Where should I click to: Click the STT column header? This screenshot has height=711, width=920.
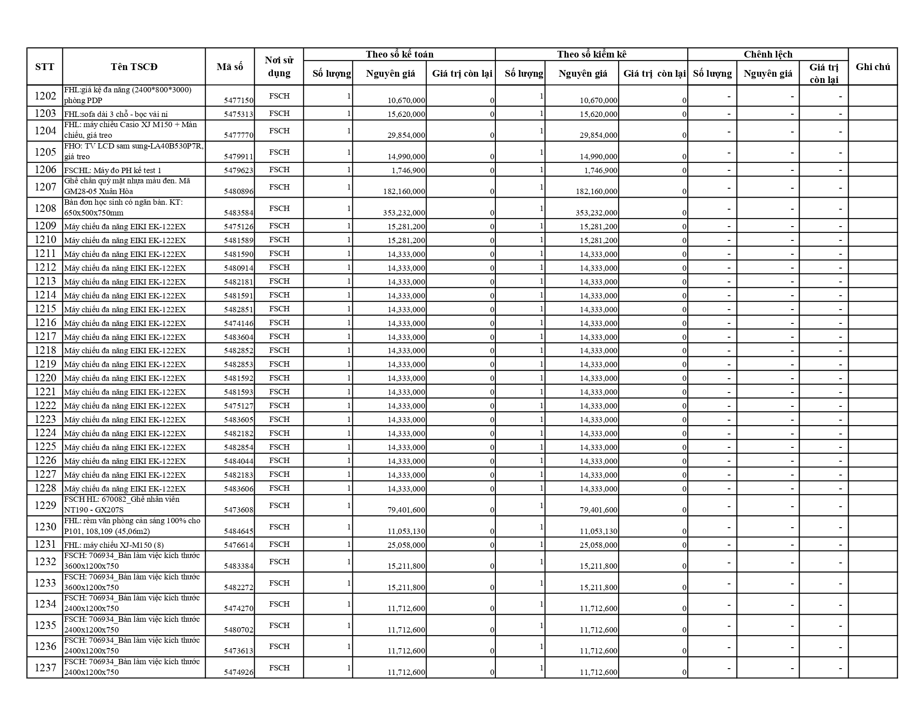[x=45, y=66]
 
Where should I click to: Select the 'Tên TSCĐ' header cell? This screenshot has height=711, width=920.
[x=134, y=66]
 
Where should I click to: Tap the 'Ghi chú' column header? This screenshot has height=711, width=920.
[x=873, y=66]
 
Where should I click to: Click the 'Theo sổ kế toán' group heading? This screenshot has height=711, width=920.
[x=400, y=54]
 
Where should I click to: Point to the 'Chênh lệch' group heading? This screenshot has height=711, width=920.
[x=768, y=54]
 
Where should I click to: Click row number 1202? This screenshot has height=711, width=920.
[x=45, y=96]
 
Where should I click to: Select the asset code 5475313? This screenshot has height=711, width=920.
[x=239, y=114]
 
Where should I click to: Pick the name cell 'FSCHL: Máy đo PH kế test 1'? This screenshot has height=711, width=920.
[x=113, y=170]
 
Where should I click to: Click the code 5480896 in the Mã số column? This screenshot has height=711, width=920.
[x=239, y=191]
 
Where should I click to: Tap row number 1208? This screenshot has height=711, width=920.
[x=45, y=208]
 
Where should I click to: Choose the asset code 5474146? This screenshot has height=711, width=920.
[x=239, y=323]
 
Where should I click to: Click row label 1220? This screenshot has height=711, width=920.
[x=45, y=378]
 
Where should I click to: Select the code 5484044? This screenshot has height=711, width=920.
[x=239, y=461]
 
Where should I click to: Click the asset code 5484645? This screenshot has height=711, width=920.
[x=239, y=531]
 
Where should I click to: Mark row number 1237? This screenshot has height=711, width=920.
[x=45, y=668]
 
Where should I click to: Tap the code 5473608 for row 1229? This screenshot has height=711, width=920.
[x=239, y=510]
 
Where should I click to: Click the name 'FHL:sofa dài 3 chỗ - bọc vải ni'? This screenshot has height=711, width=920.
[x=116, y=114]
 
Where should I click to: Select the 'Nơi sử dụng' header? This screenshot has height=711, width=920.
[x=279, y=66]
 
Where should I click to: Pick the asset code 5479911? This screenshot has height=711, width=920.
[x=239, y=157]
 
